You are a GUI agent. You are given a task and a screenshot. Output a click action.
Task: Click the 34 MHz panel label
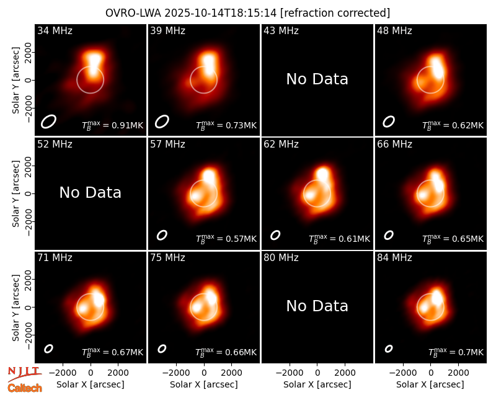55,30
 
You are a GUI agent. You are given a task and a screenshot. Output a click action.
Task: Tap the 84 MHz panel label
394,258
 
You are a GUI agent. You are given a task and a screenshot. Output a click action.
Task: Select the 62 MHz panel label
281,144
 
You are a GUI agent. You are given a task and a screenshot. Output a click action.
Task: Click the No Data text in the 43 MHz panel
317,79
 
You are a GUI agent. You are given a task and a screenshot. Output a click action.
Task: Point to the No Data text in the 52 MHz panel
90,193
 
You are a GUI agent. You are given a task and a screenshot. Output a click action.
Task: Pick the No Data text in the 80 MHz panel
317,306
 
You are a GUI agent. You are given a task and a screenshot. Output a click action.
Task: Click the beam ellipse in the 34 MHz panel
48,122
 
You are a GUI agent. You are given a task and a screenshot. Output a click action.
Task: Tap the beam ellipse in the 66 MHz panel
389,235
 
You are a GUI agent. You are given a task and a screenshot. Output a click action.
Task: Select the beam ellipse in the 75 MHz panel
162,348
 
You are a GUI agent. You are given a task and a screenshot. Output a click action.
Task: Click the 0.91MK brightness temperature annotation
113,125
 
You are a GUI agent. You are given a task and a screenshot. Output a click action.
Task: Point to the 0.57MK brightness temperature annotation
226,239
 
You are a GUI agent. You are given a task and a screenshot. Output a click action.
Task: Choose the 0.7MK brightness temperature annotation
456,352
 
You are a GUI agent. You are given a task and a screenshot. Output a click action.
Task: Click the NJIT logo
24,373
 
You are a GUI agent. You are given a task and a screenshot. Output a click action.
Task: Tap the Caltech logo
25,388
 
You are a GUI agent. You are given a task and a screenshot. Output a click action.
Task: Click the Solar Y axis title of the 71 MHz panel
15,308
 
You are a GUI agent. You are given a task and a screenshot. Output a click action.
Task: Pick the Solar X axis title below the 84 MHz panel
430,384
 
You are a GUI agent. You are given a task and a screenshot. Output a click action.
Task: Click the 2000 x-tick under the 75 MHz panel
231,373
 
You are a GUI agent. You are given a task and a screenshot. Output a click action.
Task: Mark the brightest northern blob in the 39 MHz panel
208,60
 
